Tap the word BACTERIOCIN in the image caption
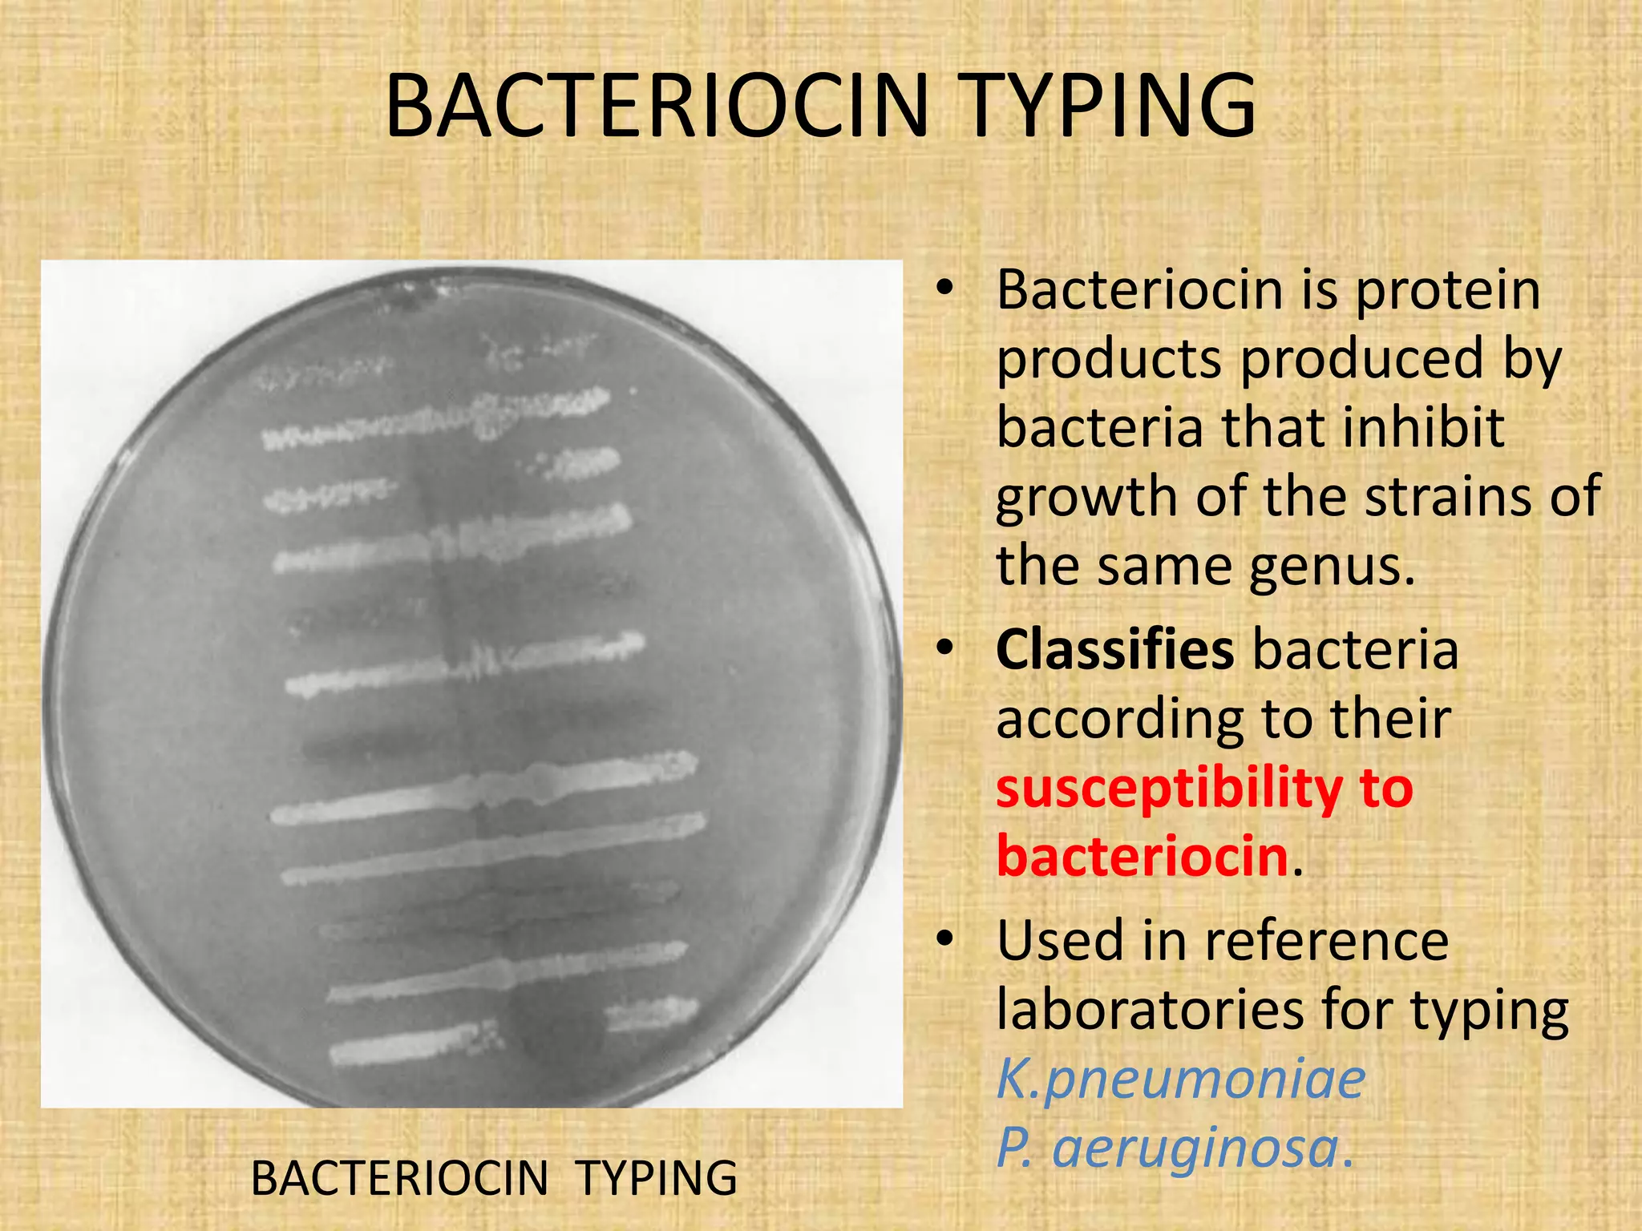click(399, 1178)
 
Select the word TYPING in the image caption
click(657, 1178)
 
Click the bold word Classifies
click(1114, 648)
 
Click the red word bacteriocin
click(1143, 856)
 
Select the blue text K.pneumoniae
click(1180, 1079)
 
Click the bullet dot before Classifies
click(946, 647)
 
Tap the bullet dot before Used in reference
click(946, 938)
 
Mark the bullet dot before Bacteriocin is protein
click(946, 287)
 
